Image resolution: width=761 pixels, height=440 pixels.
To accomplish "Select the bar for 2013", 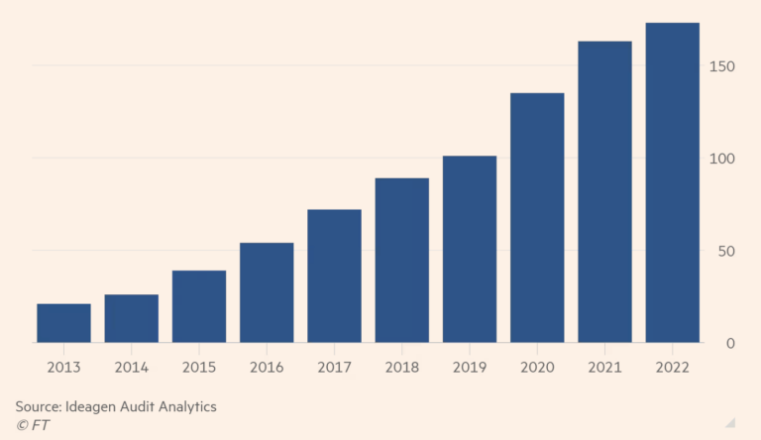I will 63,323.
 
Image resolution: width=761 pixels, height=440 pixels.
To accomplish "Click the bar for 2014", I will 131,318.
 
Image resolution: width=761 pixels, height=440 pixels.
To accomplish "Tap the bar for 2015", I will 198,306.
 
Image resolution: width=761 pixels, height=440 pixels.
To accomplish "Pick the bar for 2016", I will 267,292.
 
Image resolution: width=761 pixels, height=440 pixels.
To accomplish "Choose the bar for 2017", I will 334,275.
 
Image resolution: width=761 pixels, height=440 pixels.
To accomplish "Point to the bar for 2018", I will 401,260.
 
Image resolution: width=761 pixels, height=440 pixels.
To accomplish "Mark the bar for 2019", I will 469,249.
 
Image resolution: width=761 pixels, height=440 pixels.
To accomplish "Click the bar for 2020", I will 537,218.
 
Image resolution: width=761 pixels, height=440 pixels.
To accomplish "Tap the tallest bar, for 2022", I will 672,182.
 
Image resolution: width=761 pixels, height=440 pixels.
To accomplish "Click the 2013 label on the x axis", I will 63,367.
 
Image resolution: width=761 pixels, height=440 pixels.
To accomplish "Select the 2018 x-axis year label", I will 401,367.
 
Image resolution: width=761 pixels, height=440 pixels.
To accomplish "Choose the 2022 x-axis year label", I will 672,367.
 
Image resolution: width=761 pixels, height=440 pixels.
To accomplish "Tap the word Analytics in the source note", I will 182,406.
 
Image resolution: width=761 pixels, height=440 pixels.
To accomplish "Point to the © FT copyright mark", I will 32,425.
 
